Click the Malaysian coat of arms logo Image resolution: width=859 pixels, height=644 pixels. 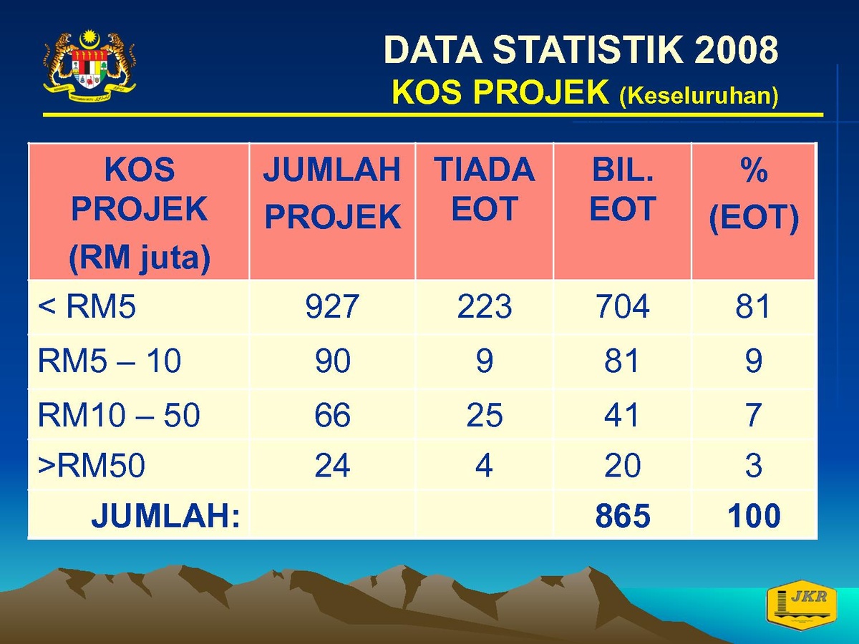pyautogui.click(x=89, y=66)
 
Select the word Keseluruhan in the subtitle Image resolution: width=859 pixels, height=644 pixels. pyautogui.click(x=699, y=95)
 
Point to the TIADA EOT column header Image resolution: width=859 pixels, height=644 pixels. pyautogui.click(x=485, y=189)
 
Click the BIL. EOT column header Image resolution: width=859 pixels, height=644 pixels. pyautogui.click(x=623, y=189)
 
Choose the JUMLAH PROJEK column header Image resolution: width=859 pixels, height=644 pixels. pyautogui.click(x=332, y=193)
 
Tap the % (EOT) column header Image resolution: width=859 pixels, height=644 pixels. pyautogui.click(x=754, y=195)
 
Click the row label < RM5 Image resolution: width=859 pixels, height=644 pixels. pyautogui.click(x=87, y=306)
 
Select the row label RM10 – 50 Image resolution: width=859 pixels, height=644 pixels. pyautogui.click(x=119, y=415)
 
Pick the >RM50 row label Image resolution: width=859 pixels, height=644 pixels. pyautogui.click(x=92, y=465)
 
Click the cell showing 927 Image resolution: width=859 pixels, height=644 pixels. pyautogui.click(x=332, y=306)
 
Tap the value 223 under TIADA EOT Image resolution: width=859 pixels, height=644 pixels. pyautogui.click(x=485, y=306)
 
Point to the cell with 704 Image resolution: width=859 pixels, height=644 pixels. pyautogui.click(x=623, y=306)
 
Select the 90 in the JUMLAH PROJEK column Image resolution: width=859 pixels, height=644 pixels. pyautogui.click(x=333, y=361)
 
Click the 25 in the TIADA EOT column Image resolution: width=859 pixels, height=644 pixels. pyautogui.click(x=485, y=415)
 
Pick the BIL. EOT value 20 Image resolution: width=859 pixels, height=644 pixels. pyautogui.click(x=623, y=465)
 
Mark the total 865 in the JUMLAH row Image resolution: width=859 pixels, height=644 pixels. pyautogui.click(x=623, y=516)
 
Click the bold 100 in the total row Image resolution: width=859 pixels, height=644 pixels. pyautogui.click(x=754, y=516)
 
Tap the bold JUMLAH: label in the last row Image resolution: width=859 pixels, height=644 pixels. pyautogui.click(x=165, y=516)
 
